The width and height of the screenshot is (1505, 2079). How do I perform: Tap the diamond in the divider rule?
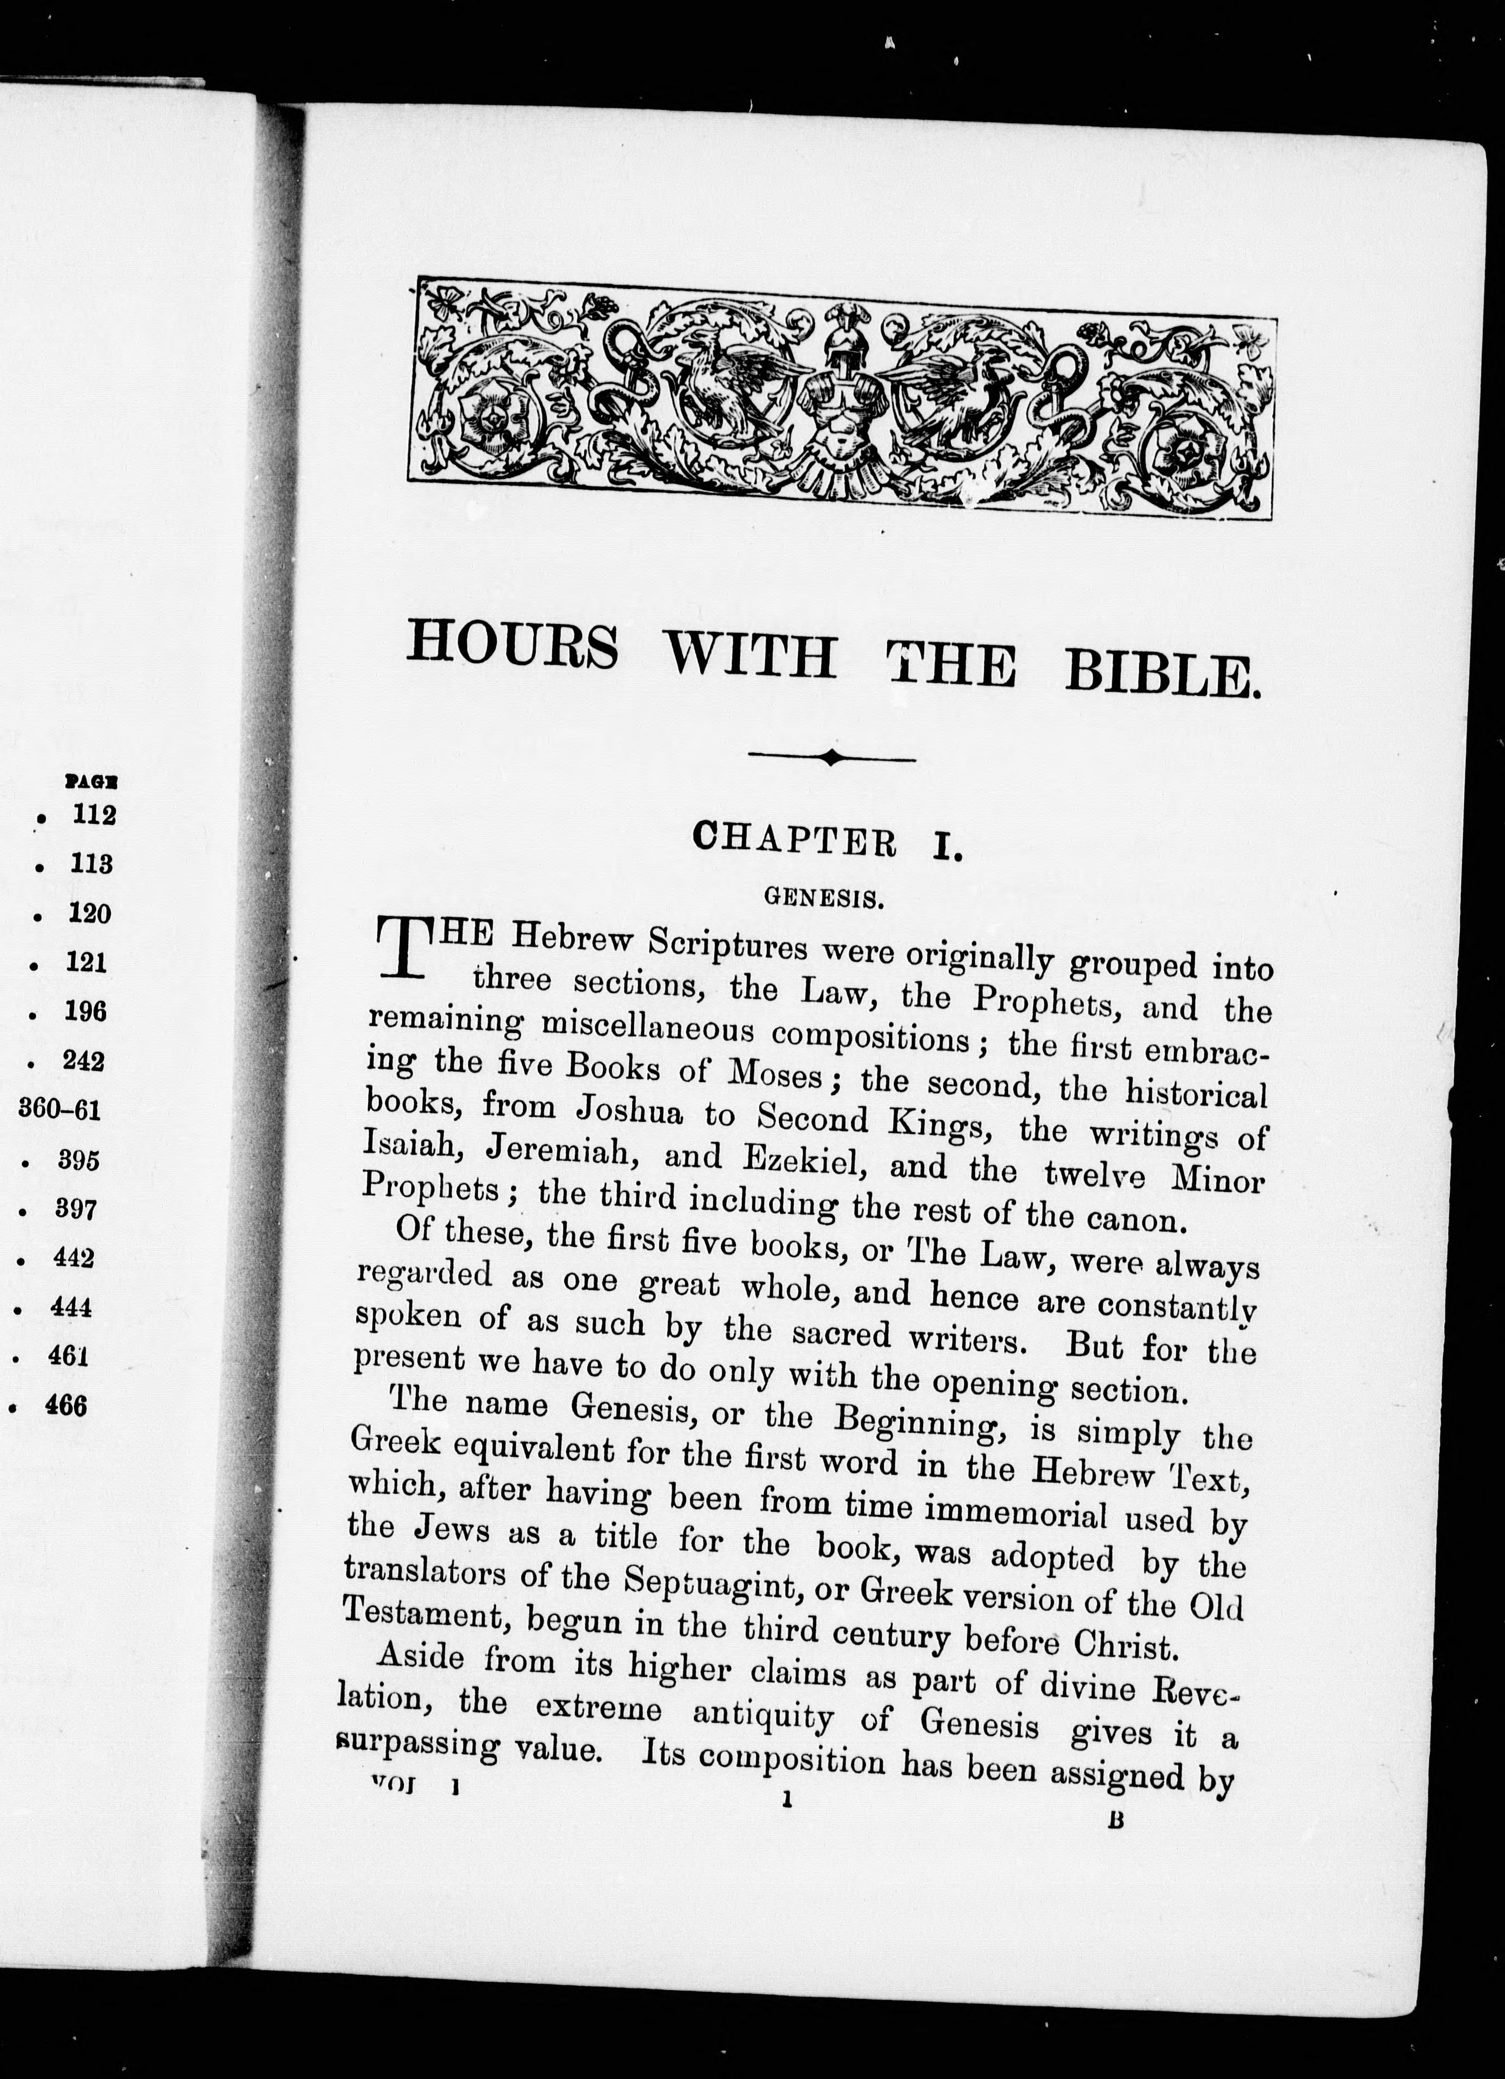831,757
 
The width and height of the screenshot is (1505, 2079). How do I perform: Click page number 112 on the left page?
94,815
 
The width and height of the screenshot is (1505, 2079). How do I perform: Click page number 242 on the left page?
83,1060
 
